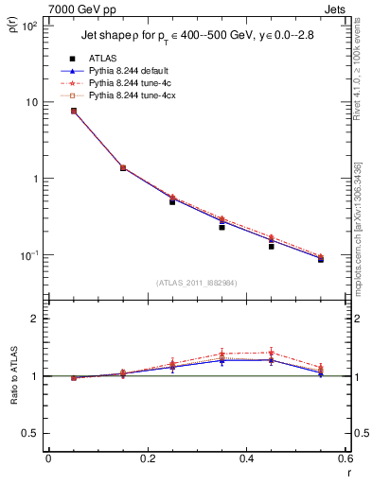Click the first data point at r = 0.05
[x=74, y=111]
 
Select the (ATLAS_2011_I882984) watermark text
[x=197, y=282]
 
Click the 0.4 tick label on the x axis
[x=244, y=458]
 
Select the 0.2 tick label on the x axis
[x=147, y=458]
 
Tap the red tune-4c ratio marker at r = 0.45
[x=271, y=353]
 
